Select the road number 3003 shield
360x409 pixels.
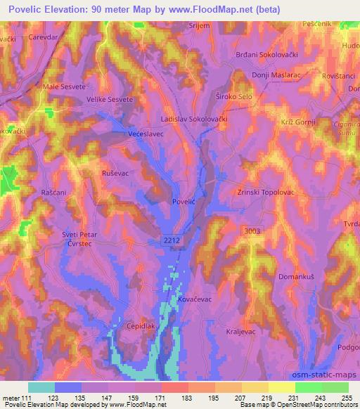click(x=252, y=231)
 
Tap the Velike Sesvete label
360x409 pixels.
click(x=110, y=100)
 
